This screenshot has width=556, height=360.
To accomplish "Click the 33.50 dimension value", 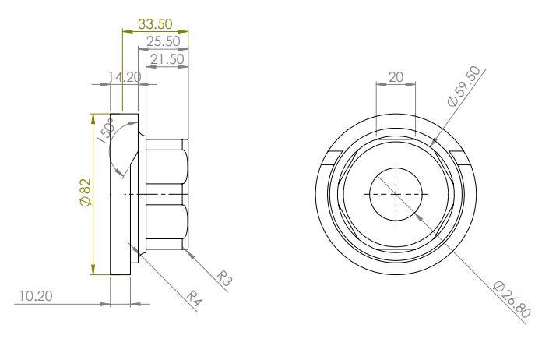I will pyautogui.click(x=156, y=24).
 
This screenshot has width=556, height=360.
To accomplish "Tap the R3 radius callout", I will pyautogui.click(x=222, y=277).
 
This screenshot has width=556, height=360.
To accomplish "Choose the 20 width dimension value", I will pyautogui.click(x=395, y=78).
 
